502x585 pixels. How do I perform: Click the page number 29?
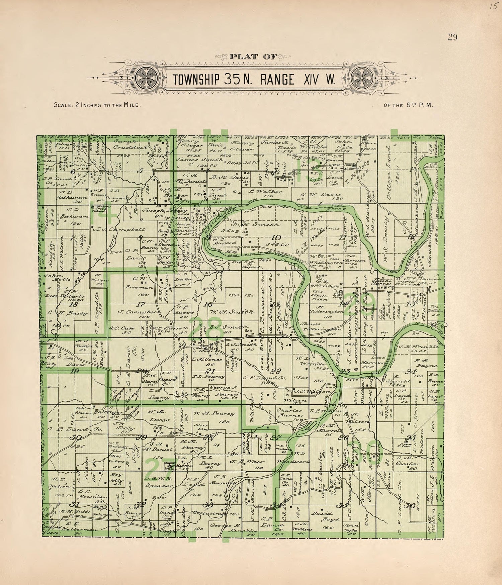click(x=452, y=37)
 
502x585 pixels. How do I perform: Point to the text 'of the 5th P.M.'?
click(x=409, y=105)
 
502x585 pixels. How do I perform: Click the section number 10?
click(x=276, y=238)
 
